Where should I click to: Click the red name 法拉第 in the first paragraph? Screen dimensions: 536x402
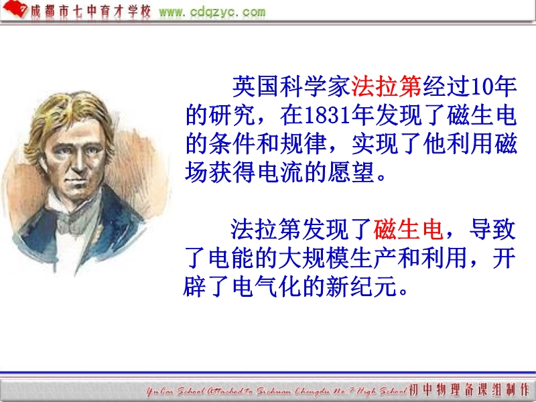(387, 86)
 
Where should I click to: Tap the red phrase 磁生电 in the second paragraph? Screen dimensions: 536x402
(409, 229)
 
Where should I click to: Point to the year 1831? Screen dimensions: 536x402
(327, 115)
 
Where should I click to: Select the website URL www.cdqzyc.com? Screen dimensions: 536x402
(212, 12)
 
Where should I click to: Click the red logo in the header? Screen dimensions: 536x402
(15, 9)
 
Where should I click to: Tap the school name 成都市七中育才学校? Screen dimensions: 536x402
(90, 11)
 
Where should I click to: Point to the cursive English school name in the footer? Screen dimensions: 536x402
(277, 391)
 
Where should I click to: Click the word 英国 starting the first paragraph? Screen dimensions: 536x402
(255, 86)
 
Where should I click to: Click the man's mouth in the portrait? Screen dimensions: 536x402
(75, 181)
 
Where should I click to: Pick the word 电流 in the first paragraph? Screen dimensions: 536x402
(280, 172)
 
